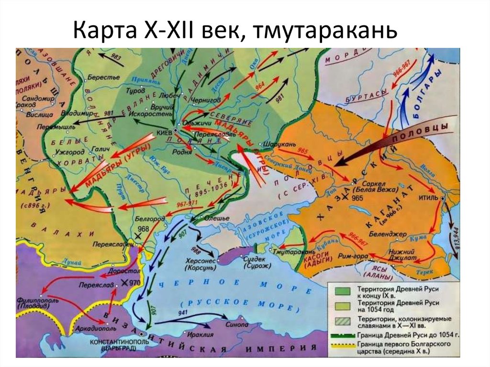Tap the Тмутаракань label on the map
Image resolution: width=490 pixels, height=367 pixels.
pos(293,251)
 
